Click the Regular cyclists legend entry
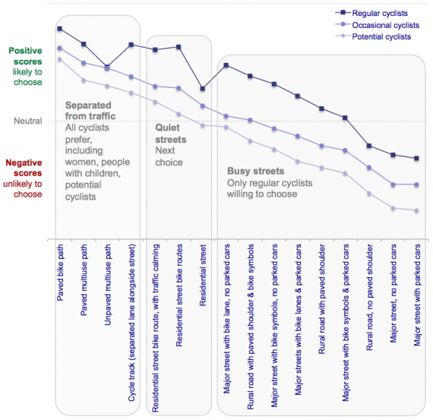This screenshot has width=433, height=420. [371, 13]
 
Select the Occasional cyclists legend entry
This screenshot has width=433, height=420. [378, 25]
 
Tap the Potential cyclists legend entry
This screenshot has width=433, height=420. [373, 36]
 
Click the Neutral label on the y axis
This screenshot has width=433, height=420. [28, 121]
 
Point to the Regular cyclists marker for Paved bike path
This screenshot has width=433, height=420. [60, 28]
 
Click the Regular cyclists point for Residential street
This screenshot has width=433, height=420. [202, 89]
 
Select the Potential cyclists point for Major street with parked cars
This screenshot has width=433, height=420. [417, 210]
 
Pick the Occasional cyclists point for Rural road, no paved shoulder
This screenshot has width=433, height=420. [369, 168]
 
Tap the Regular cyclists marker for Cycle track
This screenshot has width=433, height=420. [131, 45]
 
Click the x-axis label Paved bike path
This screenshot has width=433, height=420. [60, 273]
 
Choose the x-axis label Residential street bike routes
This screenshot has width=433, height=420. [179, 295]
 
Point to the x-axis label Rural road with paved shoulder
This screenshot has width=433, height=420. [322, 298]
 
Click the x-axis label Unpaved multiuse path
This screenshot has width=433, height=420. [107, 284]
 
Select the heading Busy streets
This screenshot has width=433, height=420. [255, 171]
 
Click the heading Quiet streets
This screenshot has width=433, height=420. [171, 134]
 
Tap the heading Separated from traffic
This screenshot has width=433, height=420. [90, 111]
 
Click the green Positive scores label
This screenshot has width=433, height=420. [25, 56]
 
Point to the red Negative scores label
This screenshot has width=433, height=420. [24, 168]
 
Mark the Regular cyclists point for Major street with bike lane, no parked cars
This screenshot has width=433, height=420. [226, 65]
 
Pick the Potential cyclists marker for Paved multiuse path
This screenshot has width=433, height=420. [84, 81]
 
